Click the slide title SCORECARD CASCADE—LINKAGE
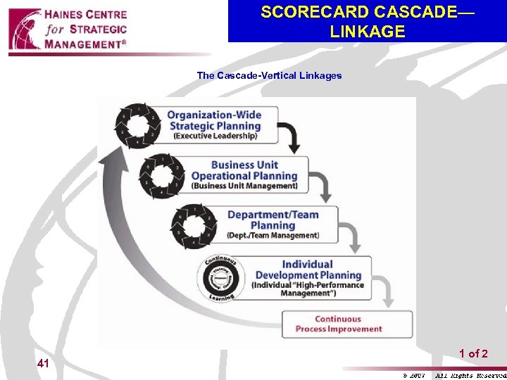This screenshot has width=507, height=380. point(367,22)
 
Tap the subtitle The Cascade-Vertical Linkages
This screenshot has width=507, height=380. point(269,75)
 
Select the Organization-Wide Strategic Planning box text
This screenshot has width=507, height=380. point(213,120)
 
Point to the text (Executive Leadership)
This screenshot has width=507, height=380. point(214,137)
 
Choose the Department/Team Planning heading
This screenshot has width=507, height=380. point(273,220)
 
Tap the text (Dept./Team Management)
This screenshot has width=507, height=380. point(273,235)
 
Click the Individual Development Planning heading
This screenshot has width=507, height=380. point(308,270)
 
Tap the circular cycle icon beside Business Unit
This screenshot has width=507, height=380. point(162,175)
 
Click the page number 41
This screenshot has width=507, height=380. point(43,364)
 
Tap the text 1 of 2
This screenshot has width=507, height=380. point(473,354)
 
